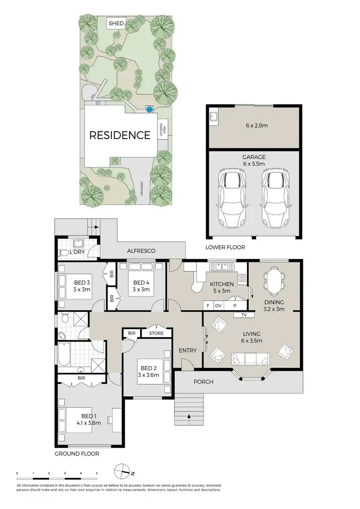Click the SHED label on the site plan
[x=116, y=23]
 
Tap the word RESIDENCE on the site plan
[x=120, y=135]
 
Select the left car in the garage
[x=232, y=198]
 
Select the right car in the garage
[x=275, y=198]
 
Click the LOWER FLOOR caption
[x=226, y=248]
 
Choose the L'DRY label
[x=78, y=252]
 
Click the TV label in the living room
[x=244, y=315]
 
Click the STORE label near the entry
[x=156, y=333]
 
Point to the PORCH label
[x=204, y=382]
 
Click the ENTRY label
[x=188, y=350]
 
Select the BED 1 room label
[x=86, y=419]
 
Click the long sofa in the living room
[x=250, y=358]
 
